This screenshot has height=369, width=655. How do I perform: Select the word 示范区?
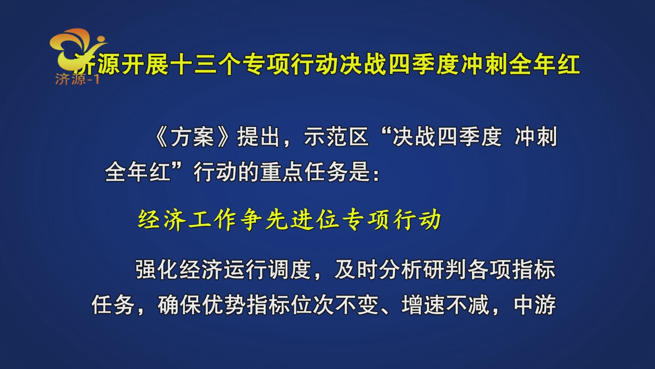(336, 137)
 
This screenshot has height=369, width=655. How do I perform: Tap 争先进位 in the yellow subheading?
(290, 219)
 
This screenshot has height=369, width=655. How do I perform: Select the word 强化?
(157, 270)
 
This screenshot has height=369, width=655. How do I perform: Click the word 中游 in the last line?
(535, 305)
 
